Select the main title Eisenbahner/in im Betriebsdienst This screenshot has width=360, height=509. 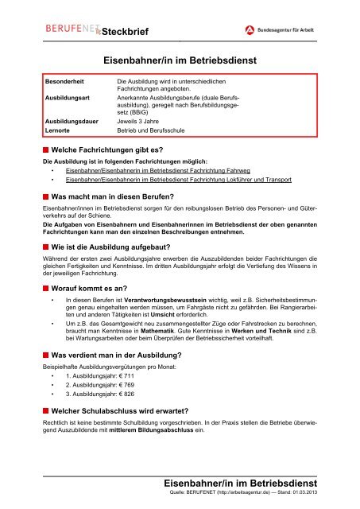point(180,60)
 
